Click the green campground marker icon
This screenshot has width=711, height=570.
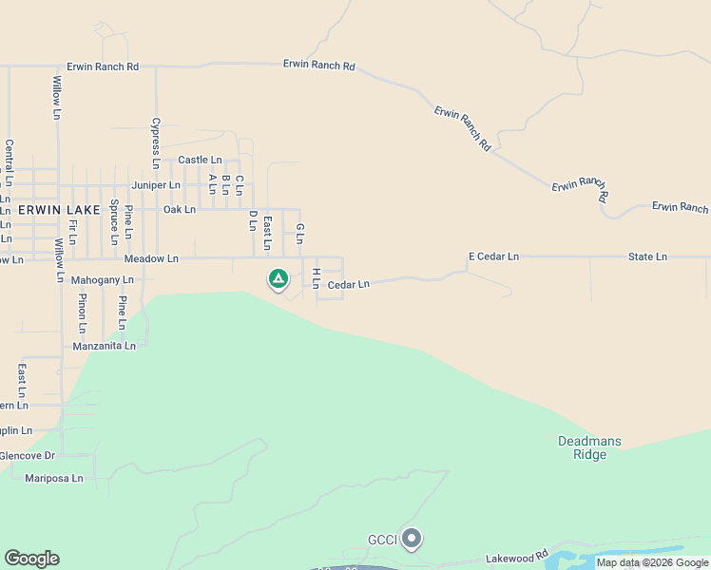click(x=278, y=278)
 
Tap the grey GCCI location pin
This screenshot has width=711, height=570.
click(x=412, y=539)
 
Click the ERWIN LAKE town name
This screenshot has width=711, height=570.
click(x=53, y=209)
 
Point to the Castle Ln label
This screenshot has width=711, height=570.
click(x=200, y=160)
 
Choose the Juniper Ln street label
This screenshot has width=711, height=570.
click(x=156, y=184)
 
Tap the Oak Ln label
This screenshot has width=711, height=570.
click(x=179, y=209)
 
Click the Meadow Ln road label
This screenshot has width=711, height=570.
click(x=151, y=258)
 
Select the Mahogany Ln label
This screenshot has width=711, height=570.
click(x=103, y=280)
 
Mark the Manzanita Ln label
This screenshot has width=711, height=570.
click(x=105, y=347)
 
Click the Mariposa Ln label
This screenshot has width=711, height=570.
click(x=54, y=478)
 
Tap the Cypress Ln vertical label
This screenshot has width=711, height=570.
click(x=155, y=143)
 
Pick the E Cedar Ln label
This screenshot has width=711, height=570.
click(x=493, y=256)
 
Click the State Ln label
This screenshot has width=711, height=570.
click(x=647, y=256)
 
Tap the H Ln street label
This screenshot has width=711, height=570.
click(x=316, y=277)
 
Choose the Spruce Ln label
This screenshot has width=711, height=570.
click(x=114, y=217)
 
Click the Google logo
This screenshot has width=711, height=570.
click(x=31, y=559)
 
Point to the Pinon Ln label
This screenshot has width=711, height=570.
click(x=83, y=314)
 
